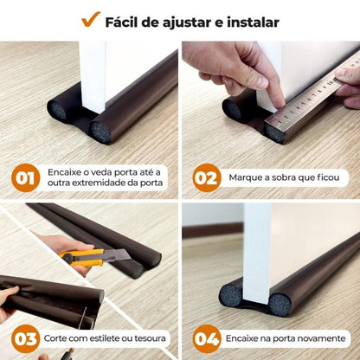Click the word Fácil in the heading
pos(125,22)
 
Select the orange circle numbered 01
pos(26,177)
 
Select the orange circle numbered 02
pos(206,177)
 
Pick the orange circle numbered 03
pos(26,337)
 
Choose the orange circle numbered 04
pos(206,337)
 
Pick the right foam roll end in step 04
pos(279,304)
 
